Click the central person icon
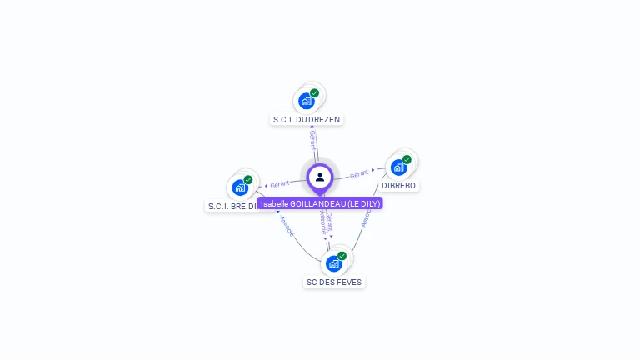click(320, 177)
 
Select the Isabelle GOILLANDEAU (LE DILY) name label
click(320, 203)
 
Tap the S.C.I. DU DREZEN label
click(307, 120)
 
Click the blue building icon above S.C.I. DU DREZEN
click(306, 101)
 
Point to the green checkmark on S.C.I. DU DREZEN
click(315, 93)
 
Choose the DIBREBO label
click(398, 185)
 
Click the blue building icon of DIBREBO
click(398, 167)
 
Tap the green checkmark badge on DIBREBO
click(407, 159)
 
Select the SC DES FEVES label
click(333, 282)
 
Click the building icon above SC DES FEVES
click(333, 263)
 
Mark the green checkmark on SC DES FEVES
click(342, 256)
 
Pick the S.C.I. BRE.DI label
click(232, 205)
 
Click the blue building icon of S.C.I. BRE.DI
click(240, 187)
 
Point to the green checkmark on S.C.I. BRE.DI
click(248, 180)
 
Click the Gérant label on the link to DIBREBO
click(359, 173)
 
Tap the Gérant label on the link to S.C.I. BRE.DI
click(279, 183)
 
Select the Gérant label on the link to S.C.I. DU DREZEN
click(312, 139)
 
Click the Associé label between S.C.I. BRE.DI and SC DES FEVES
click(287, 227)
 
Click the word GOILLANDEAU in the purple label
click(314, 203)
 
